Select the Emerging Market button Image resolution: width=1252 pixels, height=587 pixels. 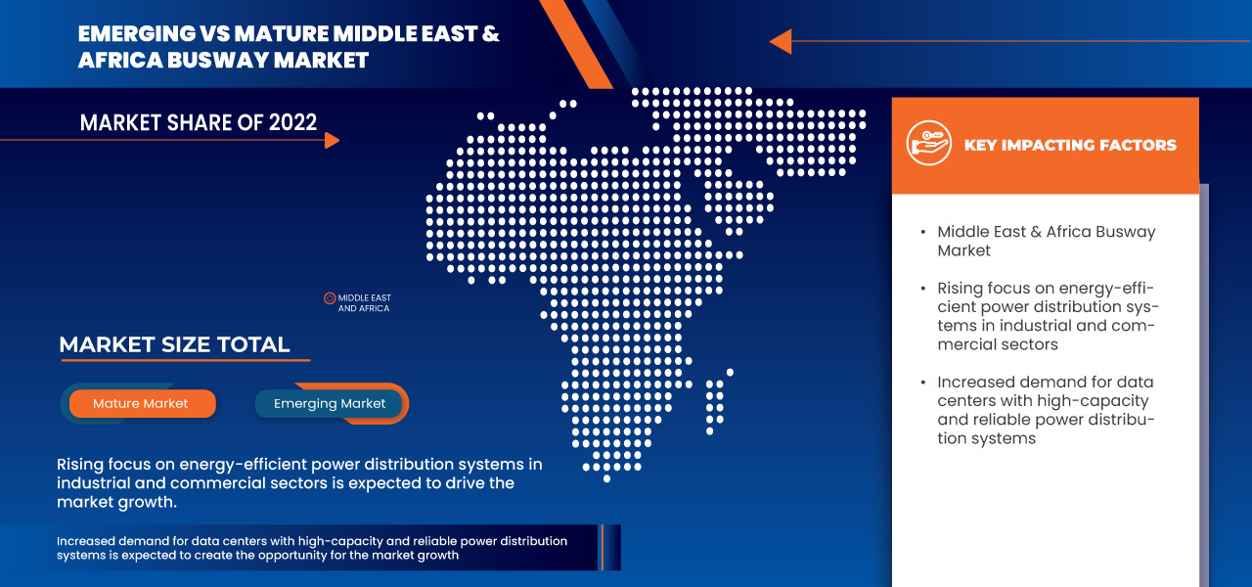pyautogui.click(x=329, y=404)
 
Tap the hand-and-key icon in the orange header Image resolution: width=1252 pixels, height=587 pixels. pyautogui.click(x=929, y=143)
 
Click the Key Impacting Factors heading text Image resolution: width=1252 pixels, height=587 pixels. pyautogui.click(x=1070, y=146)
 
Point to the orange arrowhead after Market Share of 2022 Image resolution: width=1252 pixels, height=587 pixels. pyautogui.click(x=332, y=140)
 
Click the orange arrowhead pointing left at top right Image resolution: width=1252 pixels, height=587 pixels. pyautogui.click(x=781, y=41)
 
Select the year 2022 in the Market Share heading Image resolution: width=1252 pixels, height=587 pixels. pyautogui.click(x=292, y=122)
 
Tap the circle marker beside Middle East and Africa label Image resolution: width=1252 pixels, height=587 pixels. pyautogui.click(x=330, y=298)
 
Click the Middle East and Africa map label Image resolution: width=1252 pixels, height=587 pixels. pyautogui.click(x=365, y=303)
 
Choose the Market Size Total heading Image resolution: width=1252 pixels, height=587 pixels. pyautogui.click(x=174, y=344)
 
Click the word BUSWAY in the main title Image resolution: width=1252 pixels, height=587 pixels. pyautogui.click(x=218, y=60)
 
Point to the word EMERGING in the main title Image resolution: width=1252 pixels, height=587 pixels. pyautogui.click(x=137, y=33)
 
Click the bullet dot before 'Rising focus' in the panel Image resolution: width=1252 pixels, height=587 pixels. pyautogui.click(x=923, y=289)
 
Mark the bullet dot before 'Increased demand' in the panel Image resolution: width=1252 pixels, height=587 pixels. pyautogui.click(x=923, y=383)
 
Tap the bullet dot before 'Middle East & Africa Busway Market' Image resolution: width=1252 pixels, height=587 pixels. pyautogui.click(x=923, y=232)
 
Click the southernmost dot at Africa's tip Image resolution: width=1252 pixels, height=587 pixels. pyautogui.click(x=607, y=478)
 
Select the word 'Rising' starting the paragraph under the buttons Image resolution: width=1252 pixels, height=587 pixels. pyautogui.click(x=80, y=465)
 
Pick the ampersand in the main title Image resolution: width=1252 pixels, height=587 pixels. pyautogui.click(x=490, y=33)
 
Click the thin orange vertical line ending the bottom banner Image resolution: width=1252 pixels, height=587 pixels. pyautogui.click(x=602, y=547)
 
